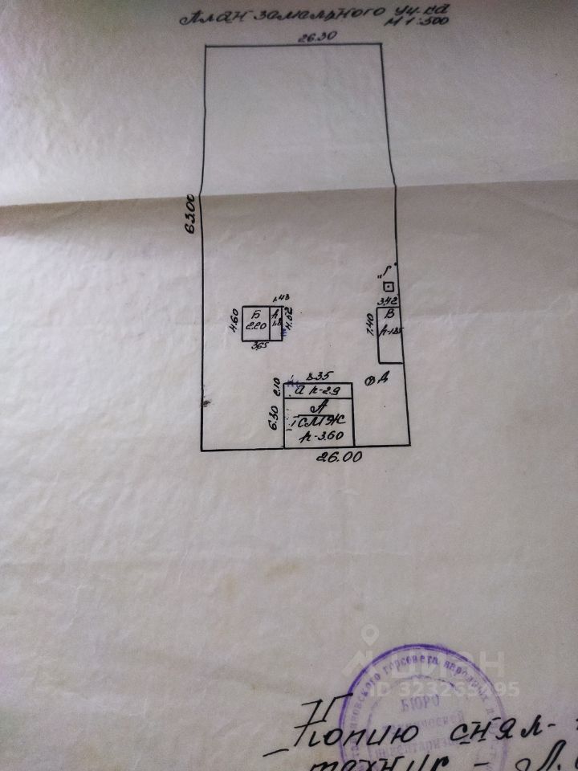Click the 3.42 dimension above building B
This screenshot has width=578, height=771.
click(x=388, y=300)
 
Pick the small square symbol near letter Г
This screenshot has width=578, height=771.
click(x=389, y=287)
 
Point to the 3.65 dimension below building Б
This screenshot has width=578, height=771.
click(x=258, y=346)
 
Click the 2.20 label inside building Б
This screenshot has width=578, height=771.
click(x=255, y=326)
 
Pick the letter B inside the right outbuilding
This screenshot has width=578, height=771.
click(x=391, y=314)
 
